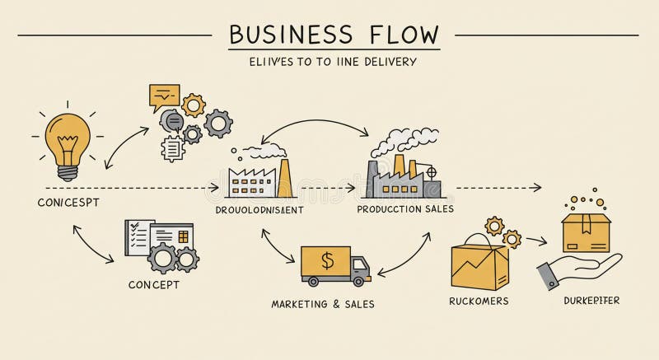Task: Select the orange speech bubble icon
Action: click(x=164, y=98)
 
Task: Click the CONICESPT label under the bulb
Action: click(x=68, y=202)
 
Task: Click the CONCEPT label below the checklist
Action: click(x=153, y=285)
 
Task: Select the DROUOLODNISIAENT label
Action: click(x=259, y=209)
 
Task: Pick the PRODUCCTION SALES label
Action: click(x=405, y=208)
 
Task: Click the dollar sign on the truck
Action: click(x=327, y=262)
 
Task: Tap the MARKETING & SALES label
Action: click(x=323, y=304)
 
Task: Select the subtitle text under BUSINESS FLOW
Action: click(x=333, y=62)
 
